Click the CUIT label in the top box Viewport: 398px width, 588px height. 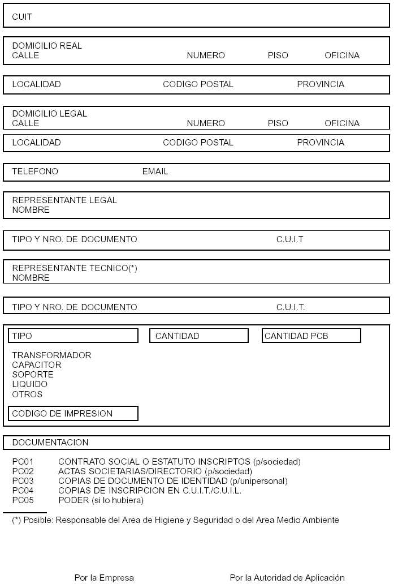22,17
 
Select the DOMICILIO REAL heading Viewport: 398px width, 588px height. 47,46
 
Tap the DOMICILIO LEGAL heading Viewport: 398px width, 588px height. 50,114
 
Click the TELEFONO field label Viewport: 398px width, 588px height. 35,171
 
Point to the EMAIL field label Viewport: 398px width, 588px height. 155,171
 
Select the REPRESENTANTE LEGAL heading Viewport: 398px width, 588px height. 64,200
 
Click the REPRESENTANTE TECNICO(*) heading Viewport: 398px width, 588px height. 75,268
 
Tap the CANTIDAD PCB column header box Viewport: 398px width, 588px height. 311,336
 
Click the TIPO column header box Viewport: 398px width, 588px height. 73,336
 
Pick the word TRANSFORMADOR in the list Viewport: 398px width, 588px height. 51,355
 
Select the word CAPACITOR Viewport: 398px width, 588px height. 37,365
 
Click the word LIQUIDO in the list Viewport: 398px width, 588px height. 30,384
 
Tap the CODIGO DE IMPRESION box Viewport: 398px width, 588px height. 73,414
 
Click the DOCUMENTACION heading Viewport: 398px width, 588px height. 50,443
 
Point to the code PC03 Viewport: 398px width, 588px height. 23,481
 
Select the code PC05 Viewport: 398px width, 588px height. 23,500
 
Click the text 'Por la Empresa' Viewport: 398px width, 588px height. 104,578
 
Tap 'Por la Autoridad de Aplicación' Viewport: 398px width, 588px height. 287,578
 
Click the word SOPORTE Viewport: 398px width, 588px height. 33,375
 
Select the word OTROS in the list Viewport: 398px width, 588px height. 27,394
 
